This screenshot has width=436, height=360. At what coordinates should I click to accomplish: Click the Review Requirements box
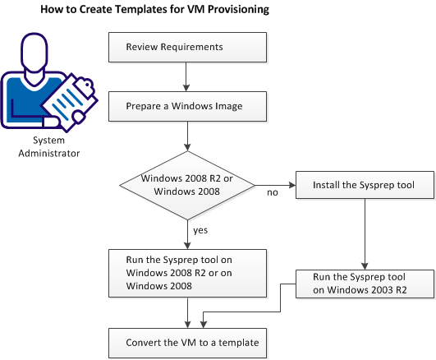pyautogui.click(x=188, y=47)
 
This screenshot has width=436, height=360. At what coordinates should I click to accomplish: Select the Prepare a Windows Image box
pyautogui.click(x=188, y=105)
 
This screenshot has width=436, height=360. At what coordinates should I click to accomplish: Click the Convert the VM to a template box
pyautogui.click(x=188, y=342)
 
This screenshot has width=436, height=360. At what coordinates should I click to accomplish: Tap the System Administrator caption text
pyautogui.click(x=34, y=145)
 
